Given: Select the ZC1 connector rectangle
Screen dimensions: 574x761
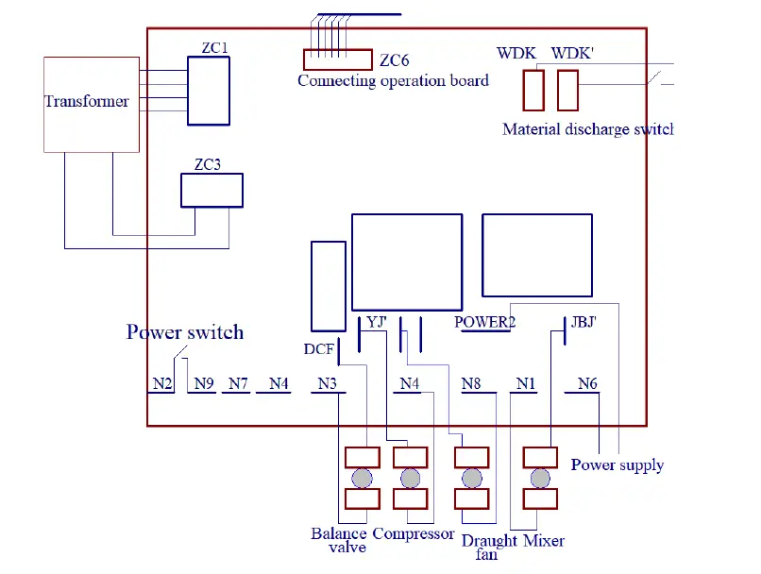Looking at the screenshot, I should pyautogui.click(x=208, y=91).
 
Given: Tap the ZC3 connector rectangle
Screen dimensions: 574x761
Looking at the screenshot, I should pyautogui.click(x=211, y=190).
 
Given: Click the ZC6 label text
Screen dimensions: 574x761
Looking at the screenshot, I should pyautogui.click(x=394, y=61).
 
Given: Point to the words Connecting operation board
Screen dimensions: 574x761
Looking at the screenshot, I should pyautogui.click(x=393, y=81).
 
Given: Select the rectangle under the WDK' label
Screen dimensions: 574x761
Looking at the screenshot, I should pyautogui.click(x=567, y=92).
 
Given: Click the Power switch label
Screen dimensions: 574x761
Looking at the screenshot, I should pyautogui.click(x=185, y=332).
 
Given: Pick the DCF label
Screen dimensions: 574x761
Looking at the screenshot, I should pyautogui.click(x=318, y=349).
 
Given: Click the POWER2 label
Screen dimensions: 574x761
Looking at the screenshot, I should pyautogui.click(x=484, y=322).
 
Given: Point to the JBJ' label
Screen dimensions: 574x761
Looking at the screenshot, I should pyautogui.click(x=583, y=321).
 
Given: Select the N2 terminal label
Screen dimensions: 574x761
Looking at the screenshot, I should pyautogui.click(x=161, y=383).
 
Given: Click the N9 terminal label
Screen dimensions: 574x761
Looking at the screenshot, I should pyautogui.click(x=204, y=383).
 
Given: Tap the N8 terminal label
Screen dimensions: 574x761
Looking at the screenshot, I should pyautogui.click(x=471, y=383).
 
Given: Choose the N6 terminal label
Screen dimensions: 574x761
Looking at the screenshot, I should pyautogui.click(x=587, y=383).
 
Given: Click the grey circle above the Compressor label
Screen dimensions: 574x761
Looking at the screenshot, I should pyautogui.click(x=410, y=478).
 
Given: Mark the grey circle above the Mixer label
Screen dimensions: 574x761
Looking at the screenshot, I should pyautogui.click(x=539, y=478).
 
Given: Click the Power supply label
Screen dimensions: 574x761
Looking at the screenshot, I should pyautogui.click(x=617, y=465).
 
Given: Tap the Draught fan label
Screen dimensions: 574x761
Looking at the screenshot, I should pyautogui.click(x=489, y=547).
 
